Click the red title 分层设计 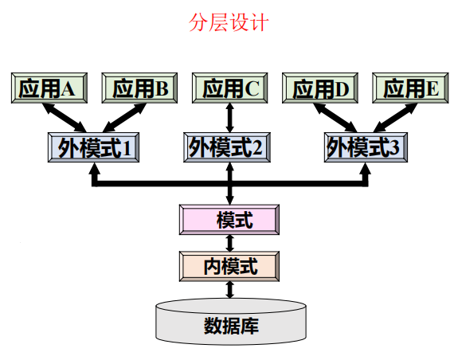click(229, 22)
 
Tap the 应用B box click(139, 88)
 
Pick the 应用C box click(230, 88)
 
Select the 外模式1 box click(94, 147)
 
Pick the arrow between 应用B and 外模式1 click(118, 118)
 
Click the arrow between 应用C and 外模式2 click(230, 118)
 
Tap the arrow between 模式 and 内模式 click(230, 242)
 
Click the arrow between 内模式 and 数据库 click(230, 288)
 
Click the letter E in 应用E click(433, 88)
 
